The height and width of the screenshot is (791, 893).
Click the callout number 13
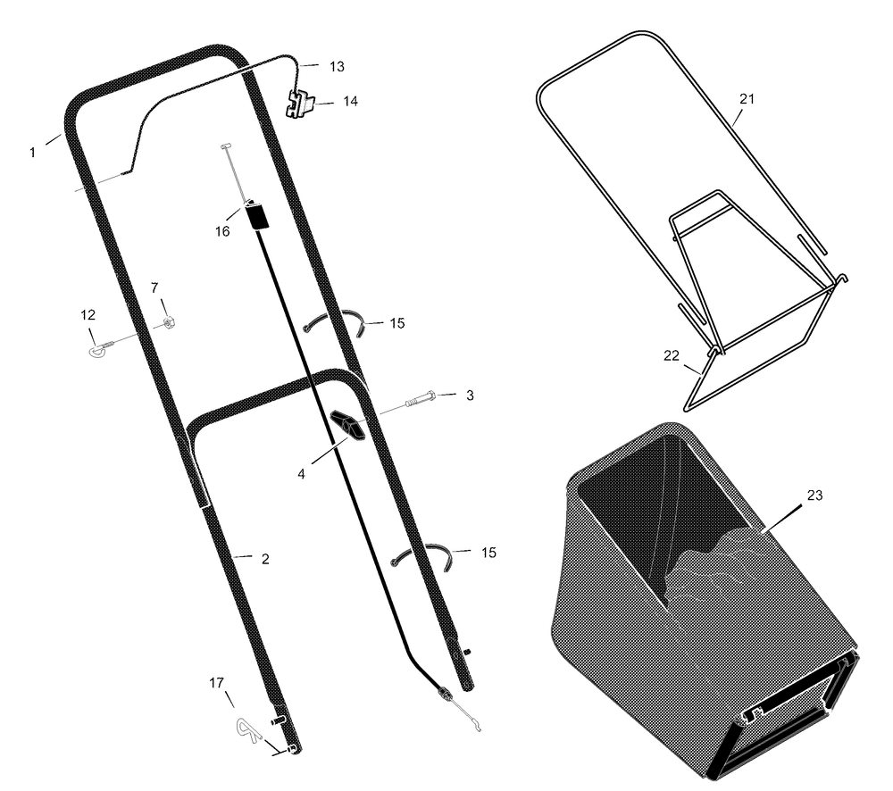[338, 67]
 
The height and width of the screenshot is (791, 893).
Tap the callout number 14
[350, 102]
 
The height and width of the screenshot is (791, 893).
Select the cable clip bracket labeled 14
[299, 104]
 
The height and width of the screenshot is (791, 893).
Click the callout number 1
[32, 153]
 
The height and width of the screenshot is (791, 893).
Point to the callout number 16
[222, 231]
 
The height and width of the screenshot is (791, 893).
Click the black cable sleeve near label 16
[257, 215]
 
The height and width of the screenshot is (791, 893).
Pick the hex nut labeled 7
[168, 323]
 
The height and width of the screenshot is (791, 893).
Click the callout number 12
[88, 315]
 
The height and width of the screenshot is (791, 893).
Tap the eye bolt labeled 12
[101, 348]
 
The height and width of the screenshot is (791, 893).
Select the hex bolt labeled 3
[421, 399]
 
